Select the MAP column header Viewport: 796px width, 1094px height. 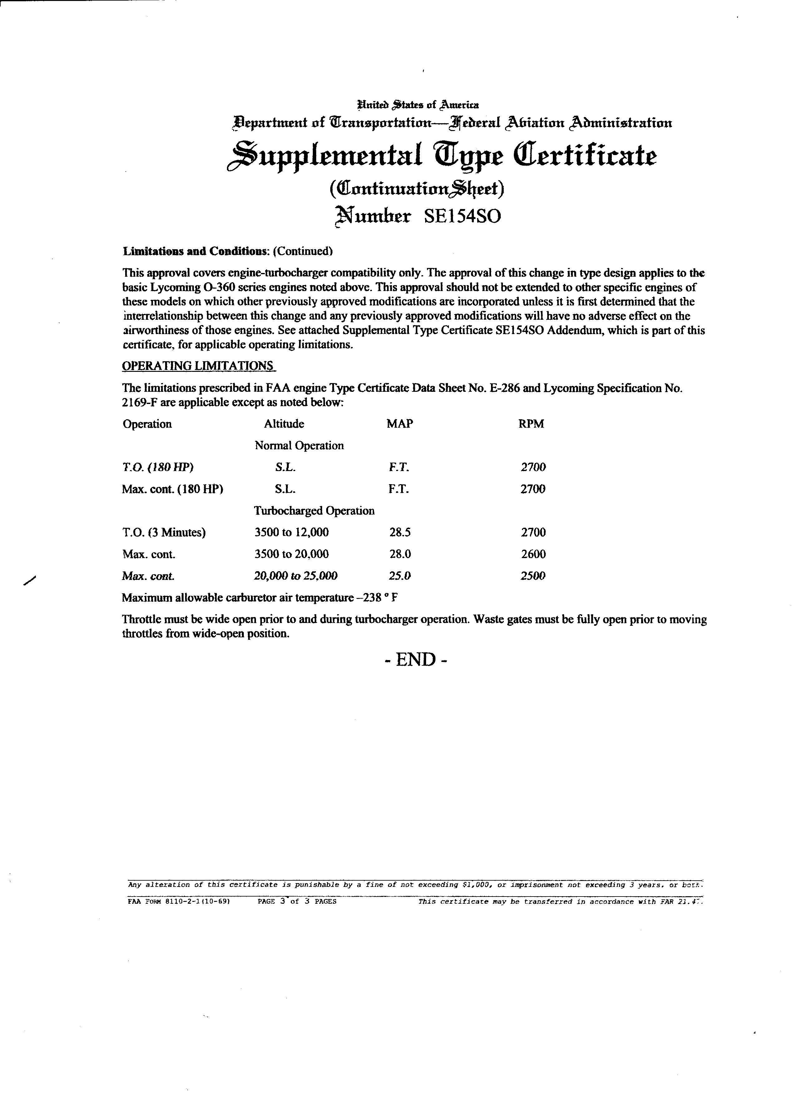click(x=400, y=424)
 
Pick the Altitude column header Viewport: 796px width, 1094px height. click(x=284, y=424)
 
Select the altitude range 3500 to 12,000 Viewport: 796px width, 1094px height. click(x=292, y=532)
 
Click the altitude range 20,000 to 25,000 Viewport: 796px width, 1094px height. click(x=296, y=576)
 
